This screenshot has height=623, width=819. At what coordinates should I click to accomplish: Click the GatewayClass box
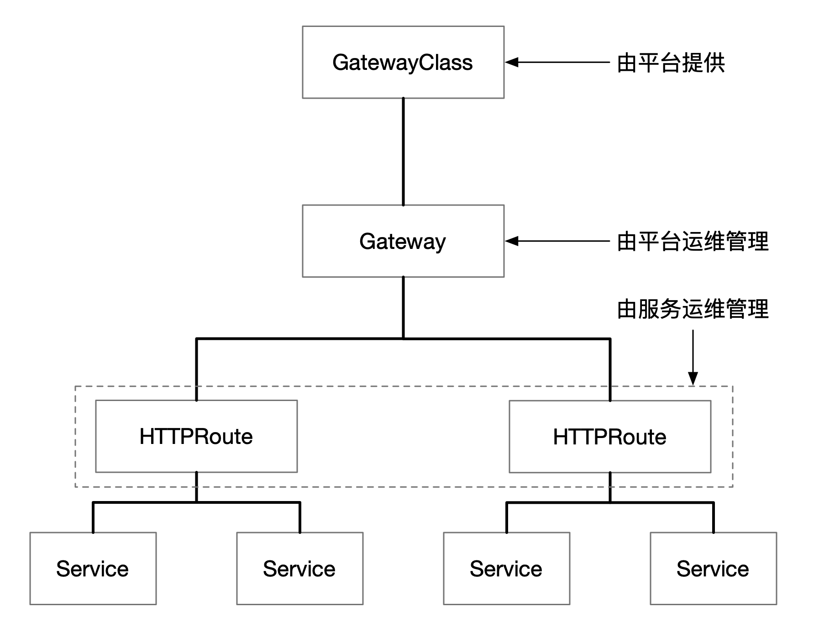coord(403,62)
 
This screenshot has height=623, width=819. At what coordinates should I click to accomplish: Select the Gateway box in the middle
coord(403,241)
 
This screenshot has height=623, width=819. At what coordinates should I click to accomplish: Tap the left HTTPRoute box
coord(196,436)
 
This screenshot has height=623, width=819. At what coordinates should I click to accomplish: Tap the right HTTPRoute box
coord(609,437)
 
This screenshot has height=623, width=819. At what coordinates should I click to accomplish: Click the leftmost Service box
coord(93,568)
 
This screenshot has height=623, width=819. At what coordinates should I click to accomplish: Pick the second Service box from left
coord(299,568)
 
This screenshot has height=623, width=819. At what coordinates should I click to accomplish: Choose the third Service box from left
coord(506,568)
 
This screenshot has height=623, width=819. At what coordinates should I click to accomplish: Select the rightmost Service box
coord(713,568)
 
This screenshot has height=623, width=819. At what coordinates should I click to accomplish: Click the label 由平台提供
coord(671,63)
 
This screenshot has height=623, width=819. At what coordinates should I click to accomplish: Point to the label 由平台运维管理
coord(693,241)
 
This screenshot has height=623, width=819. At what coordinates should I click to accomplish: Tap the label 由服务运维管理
coord(693,309)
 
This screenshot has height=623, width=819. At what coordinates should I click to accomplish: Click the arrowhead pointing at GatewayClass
coord(511,62)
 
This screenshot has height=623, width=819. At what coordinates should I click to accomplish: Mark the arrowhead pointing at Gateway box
coord(511,241)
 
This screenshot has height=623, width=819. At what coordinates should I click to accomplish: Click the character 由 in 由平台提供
coord(627,63)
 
